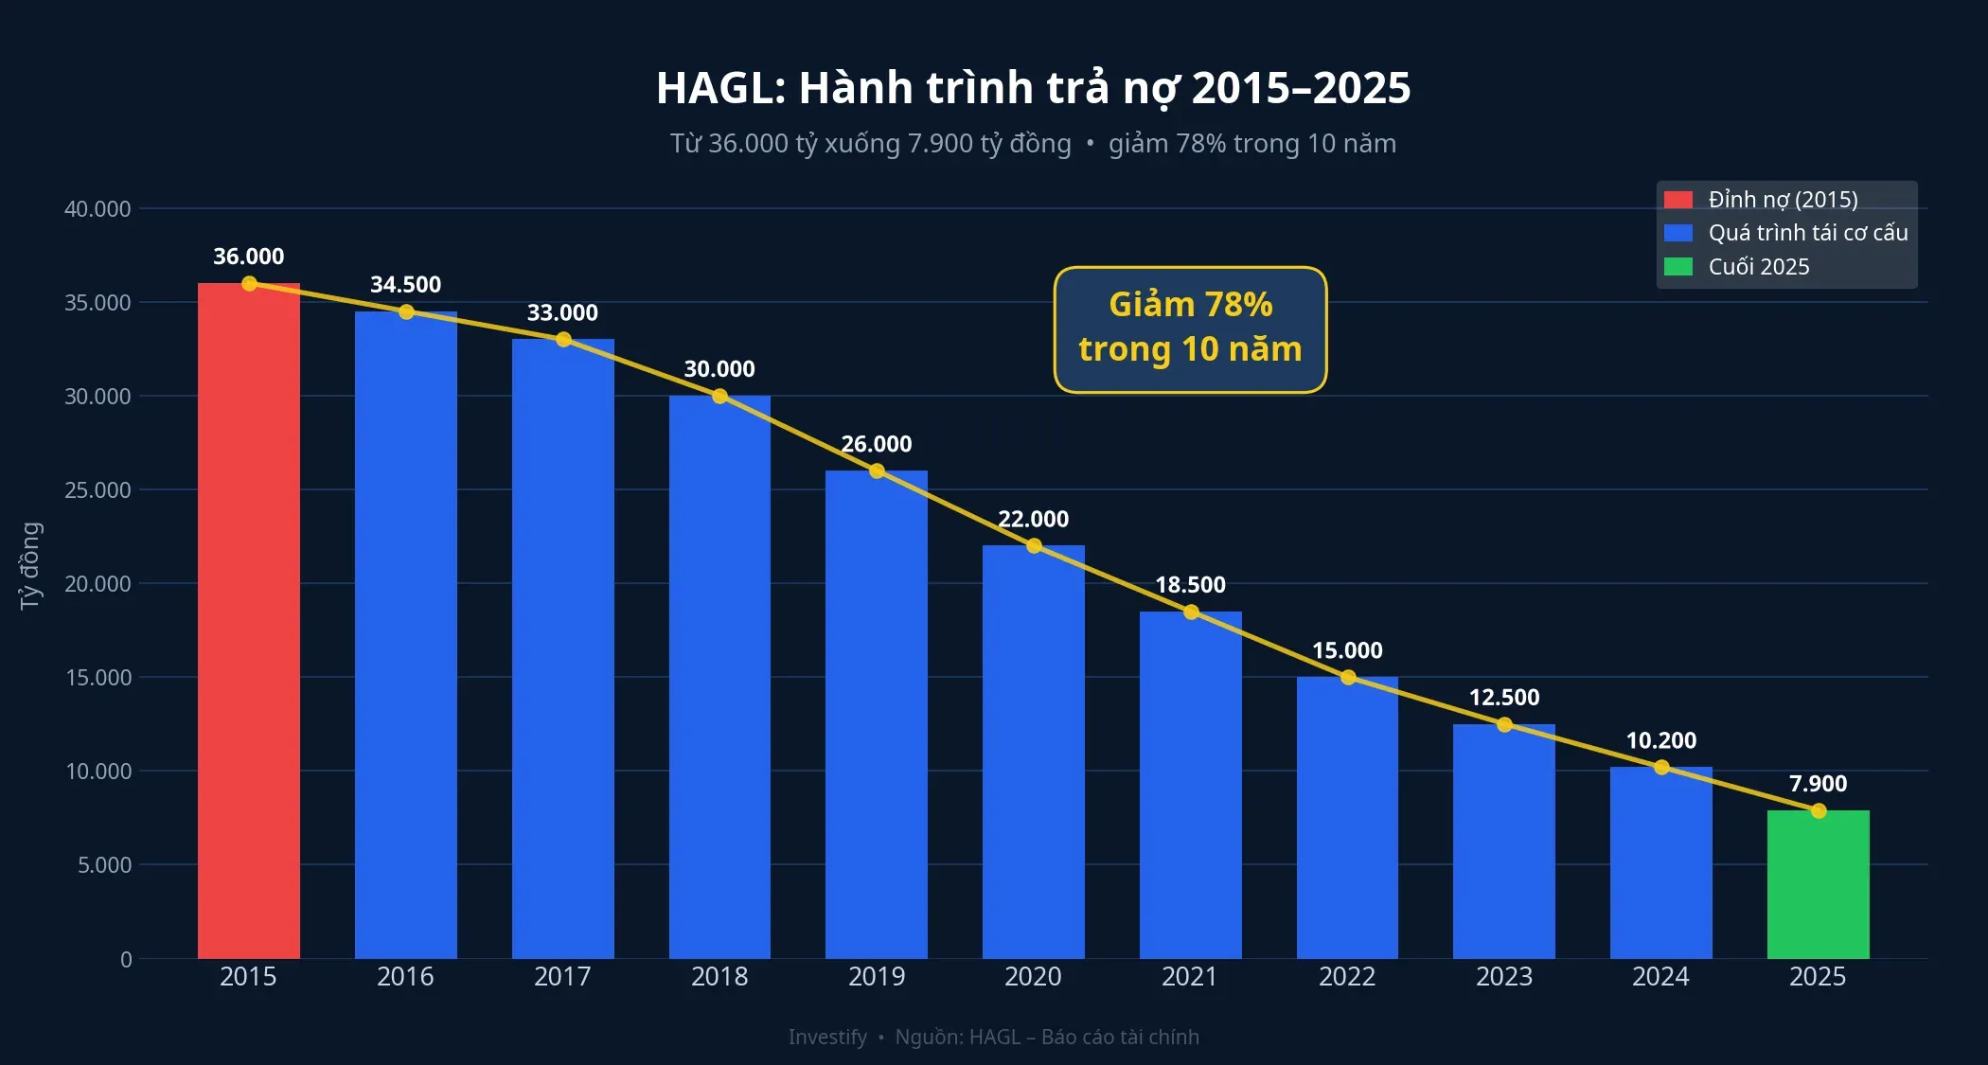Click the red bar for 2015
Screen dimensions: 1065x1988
[x=248, y=620]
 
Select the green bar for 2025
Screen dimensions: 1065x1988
[x=1818, y=884]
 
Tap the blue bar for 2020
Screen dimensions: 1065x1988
[x=1033, y=752]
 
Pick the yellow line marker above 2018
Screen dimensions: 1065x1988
[x=719, y=396]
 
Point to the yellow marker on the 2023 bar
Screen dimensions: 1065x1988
[x=1504, y=724]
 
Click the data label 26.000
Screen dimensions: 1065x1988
[x=876, y=444]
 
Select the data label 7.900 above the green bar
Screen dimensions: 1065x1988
[x=1818, y=784]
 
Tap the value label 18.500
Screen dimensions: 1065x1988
[x=1190, y=585]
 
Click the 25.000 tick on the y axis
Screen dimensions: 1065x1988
[x=98, y=490]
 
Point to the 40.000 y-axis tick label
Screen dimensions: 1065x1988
[x=98, y=209]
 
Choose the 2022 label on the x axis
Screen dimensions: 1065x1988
[x=1347, y=976]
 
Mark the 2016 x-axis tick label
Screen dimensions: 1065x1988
[x=405, y=976]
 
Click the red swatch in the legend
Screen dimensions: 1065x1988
[x=1677, y=200]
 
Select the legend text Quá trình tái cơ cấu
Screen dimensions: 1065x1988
[x=1807, y=233]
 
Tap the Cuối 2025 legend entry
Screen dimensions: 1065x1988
[x=1758, y=267]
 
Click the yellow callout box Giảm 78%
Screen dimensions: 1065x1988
[x=1190, y=328]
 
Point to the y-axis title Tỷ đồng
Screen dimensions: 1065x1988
[x=30, y=565]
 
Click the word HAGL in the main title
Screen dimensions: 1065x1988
[x=715, y=88]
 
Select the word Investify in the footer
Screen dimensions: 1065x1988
[x=826, y=1037]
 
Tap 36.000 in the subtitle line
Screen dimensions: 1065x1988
[x=747, y=144]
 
